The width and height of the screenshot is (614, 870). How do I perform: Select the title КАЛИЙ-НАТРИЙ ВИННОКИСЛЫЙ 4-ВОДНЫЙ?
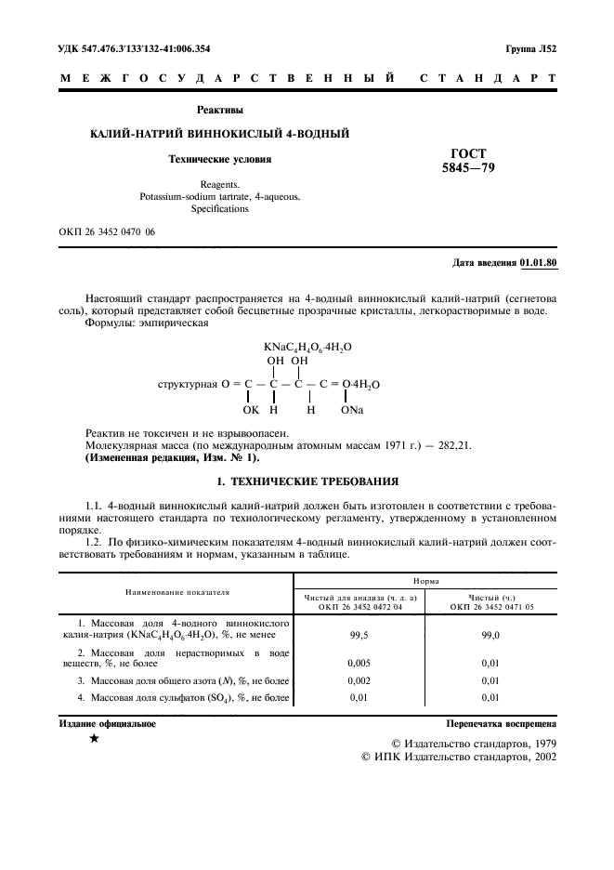click(x=218, y=135)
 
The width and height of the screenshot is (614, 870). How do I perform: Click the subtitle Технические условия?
click(x=219, y=159)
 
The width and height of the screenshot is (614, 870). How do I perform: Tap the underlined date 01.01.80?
click(x=538, y=263)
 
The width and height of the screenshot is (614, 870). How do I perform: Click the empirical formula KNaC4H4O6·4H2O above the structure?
click(x=307, y=346)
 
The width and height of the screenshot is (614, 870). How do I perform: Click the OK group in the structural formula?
click(x=251, y=409)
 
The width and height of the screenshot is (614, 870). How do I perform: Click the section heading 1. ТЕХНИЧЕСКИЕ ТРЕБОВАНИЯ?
click(x=307, y=481)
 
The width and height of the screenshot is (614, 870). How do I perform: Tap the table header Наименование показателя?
click(x=177, y=590)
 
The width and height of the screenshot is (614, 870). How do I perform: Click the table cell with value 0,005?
click(x=359, y=664)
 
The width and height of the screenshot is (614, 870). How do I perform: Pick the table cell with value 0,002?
click(x=359, y=681)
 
